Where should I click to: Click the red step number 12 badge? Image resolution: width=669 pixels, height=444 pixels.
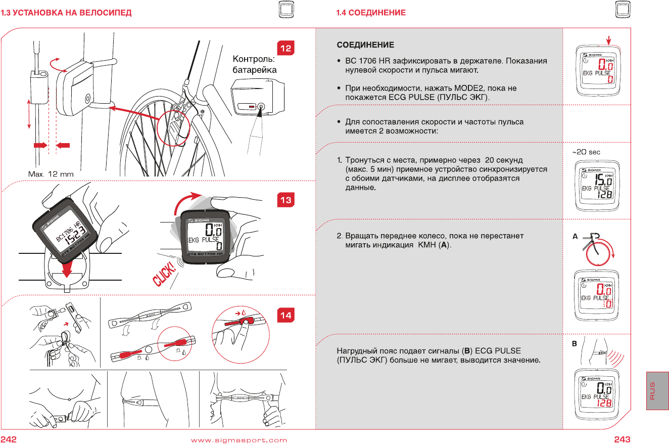click(x=286, y=49)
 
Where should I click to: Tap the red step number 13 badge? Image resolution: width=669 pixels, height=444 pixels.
click(x=286, y=200)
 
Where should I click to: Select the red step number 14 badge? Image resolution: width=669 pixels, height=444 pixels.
click(x=286, y=315)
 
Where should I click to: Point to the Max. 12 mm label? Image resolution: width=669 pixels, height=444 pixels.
click(x=50, y=174)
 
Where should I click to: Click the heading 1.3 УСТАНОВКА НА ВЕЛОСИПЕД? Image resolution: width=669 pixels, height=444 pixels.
click(x=66, y=13)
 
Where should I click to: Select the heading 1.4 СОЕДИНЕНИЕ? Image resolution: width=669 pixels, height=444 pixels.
click(x=371, y=13)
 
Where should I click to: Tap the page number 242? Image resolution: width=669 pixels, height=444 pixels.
click(x=9, y=439)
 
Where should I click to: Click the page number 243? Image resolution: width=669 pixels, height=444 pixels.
click(x=622, y=439)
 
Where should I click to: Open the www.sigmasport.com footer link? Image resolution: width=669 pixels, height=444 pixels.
click(x=239, y=440)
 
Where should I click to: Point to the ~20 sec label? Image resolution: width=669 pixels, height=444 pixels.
click(x=586, y=152)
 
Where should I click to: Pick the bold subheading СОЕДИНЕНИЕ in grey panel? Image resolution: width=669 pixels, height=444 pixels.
click(x=365, y=45)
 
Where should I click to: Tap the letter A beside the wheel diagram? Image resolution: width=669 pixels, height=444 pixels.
click(x=575, y=236)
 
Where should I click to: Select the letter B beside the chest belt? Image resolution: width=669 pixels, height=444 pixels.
click(x=575, y=343)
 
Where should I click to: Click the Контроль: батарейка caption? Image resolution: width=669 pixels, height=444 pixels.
click(x=254, y=65)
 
